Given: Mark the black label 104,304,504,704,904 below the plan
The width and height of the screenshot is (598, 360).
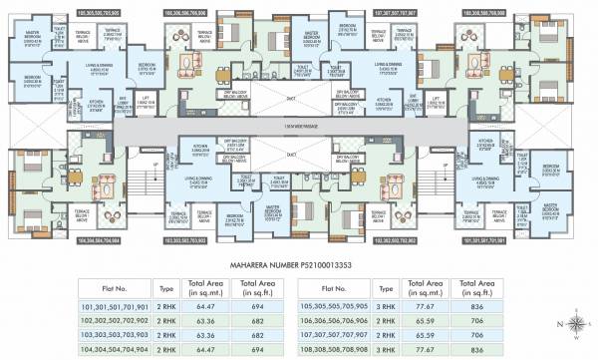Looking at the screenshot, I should tap(49, 239).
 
